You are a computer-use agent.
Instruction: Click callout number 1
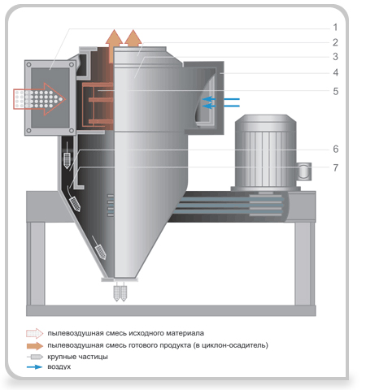335,27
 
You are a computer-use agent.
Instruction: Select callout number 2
335,42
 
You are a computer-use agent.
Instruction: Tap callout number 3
335,57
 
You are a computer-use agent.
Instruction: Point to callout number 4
336,72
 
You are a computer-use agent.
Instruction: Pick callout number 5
336,91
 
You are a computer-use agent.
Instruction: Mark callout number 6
336,149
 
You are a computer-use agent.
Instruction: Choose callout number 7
336,167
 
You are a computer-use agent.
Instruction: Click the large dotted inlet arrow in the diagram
39,99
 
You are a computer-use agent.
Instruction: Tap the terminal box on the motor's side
303,171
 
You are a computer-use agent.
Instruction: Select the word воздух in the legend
59,366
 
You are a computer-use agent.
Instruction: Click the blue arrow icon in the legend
34,367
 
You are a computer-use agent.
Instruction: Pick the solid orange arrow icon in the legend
35,346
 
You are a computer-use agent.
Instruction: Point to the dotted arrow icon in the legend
35,333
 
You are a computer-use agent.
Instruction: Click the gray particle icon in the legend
35,357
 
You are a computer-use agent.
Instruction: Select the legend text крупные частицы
77,357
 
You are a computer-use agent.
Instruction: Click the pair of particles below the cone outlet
120,293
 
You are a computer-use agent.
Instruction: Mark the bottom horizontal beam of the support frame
171,310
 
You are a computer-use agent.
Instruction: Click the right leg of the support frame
305,263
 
